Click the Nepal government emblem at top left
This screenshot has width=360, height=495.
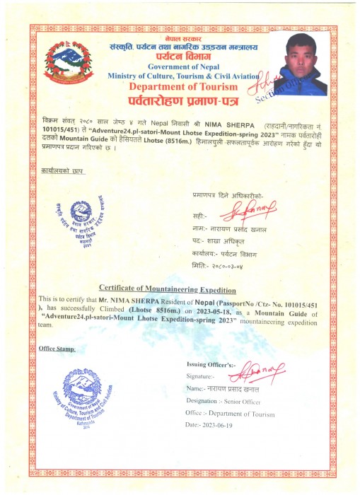click(68, 63)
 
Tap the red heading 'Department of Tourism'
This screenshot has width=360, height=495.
click(181, 86)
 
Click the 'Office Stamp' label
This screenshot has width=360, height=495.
click(57, 349)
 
